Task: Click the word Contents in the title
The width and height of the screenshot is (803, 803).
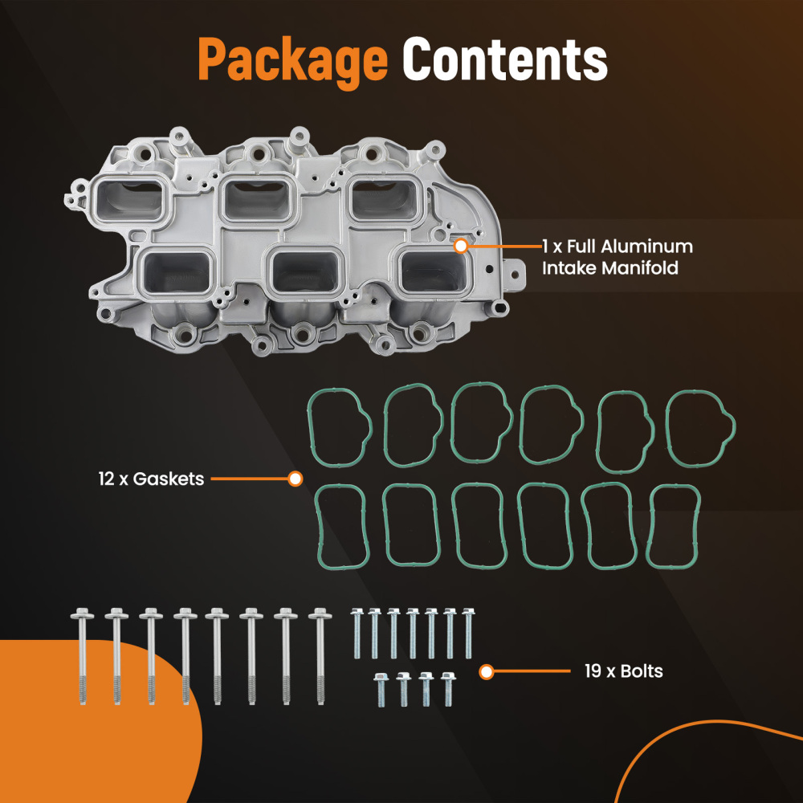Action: pos(504,59)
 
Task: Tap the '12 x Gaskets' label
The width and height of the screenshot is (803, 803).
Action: pos(151,479)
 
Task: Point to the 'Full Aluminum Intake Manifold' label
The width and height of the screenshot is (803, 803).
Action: pos(617,257)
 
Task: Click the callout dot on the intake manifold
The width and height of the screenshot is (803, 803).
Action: pos(460,247)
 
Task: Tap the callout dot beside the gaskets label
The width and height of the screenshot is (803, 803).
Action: pos(295,479)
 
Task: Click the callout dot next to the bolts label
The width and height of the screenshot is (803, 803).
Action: pos(486,671)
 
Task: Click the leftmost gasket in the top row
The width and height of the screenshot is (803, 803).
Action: pos(340,426)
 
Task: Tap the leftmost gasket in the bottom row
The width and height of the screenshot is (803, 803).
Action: pos(343,526)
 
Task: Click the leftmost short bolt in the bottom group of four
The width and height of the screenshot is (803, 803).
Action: pos(382,689)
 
